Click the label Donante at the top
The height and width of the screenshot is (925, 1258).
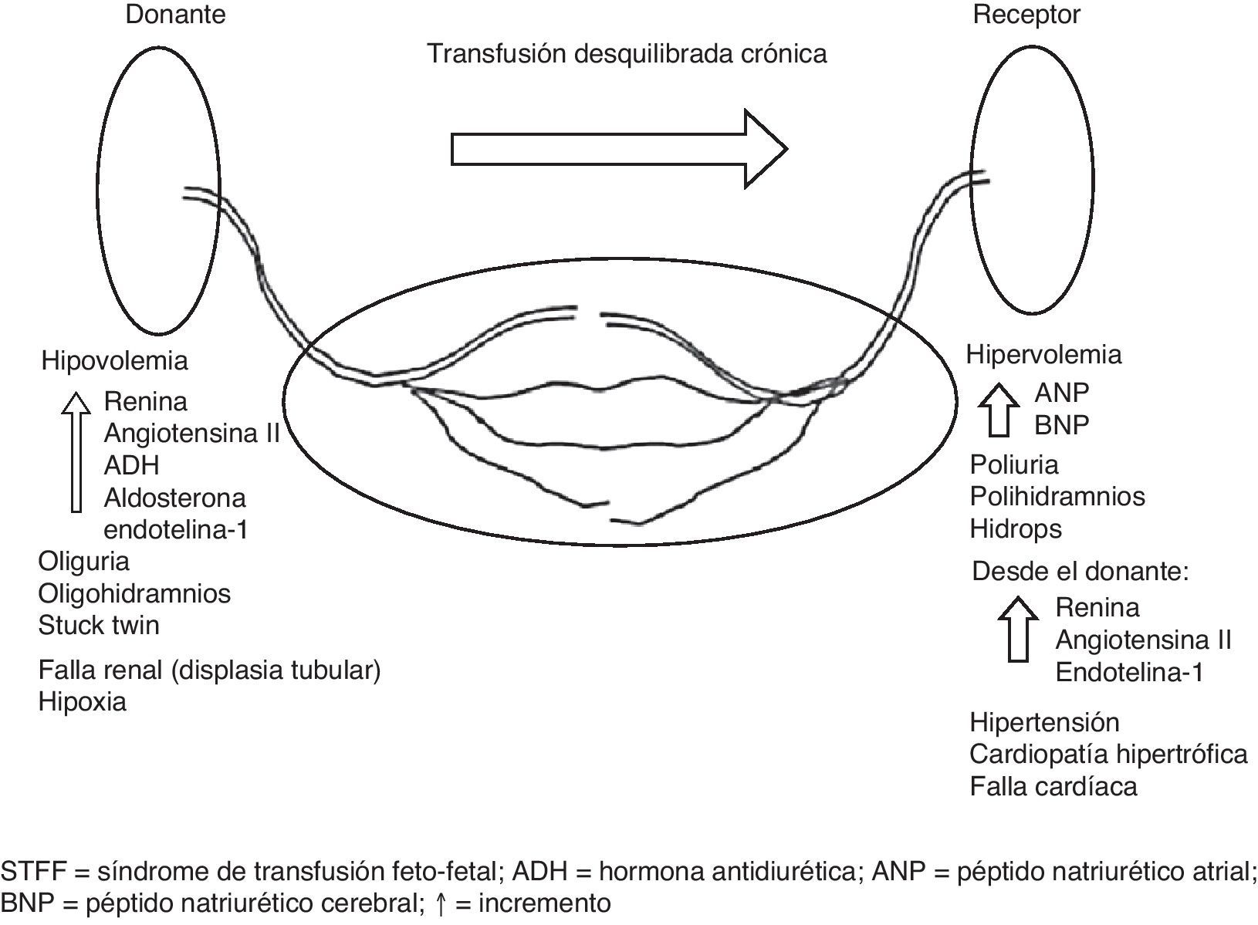[x=176, y=15]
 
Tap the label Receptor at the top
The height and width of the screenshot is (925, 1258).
[x=1026, y=15]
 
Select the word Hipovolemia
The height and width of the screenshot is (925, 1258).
[x=114, y=360]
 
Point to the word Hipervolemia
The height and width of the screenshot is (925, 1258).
[x=1043, y=354]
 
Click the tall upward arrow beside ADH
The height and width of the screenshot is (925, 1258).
[x=75, y=451]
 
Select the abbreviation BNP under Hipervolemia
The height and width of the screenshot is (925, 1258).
[x=1061, y=424]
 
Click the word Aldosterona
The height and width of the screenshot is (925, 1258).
[x=174, y=498]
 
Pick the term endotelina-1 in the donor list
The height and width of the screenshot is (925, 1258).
[x=176, y=530]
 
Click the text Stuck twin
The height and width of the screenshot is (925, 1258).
[x=99, y=625]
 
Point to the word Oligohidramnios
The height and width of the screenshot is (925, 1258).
[x=134, y=593]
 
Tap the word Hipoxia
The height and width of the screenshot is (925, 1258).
[x=83, y=702]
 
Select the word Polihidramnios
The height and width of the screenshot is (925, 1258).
[x=1057, y=496]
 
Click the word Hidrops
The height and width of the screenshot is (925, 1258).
[x=1016, y=528]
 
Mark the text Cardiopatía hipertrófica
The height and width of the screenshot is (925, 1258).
[x=1108, y=754]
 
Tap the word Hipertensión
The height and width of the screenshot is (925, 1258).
[x=1044, y=722]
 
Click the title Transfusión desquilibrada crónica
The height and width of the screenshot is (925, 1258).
[x=627, y=53]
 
